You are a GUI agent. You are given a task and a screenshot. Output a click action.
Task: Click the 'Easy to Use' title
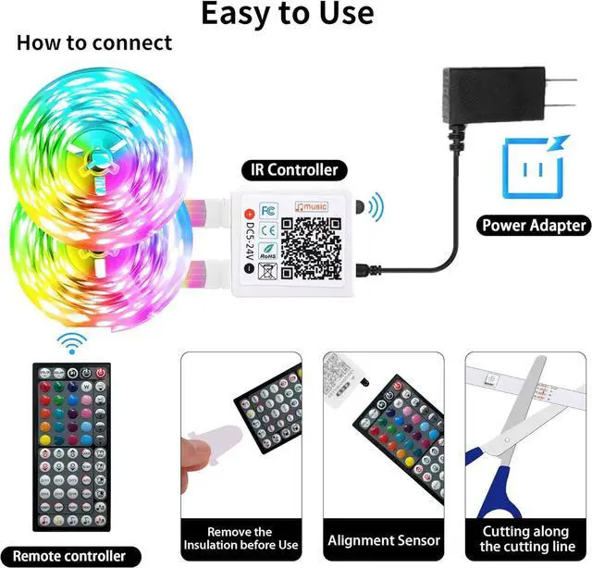(x=288, y=15)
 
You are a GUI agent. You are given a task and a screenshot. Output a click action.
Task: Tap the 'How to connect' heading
(x=94, y=43)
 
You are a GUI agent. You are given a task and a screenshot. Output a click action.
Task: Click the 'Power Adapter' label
(x=534, y=225)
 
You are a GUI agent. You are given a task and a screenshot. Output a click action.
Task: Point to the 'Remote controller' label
(x=70, y=556)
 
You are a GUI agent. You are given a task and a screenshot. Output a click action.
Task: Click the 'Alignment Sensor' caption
(x=384, y=540)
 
